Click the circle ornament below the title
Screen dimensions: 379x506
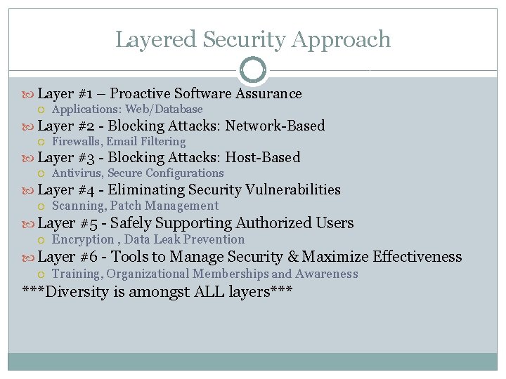pos(253,70)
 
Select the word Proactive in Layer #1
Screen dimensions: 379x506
pos(140,94)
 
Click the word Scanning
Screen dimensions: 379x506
pos(77,206)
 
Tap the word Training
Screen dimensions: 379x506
pos(77,274)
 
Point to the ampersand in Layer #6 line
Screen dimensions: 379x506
pos(293,257)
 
